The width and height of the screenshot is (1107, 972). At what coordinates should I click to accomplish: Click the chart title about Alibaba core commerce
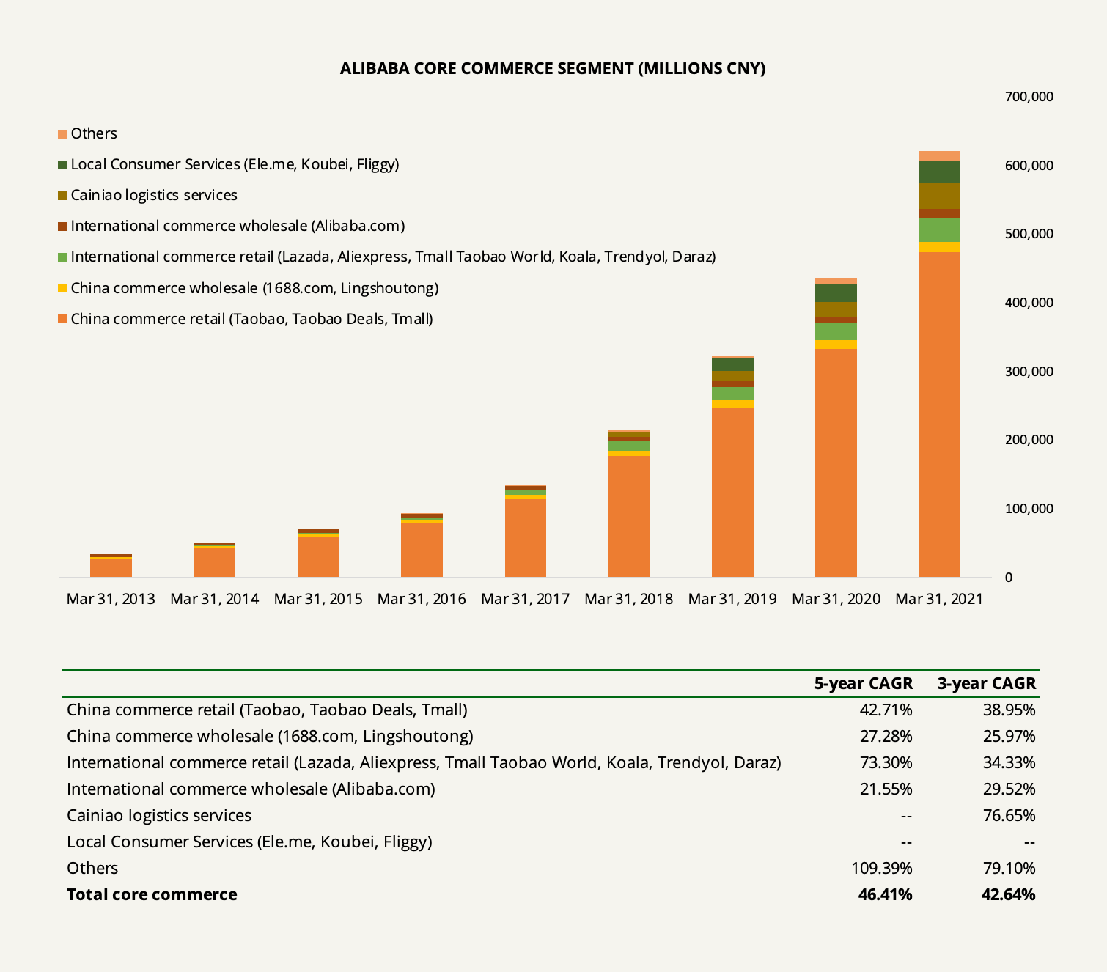553,68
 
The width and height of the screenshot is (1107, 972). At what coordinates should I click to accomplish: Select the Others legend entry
87,133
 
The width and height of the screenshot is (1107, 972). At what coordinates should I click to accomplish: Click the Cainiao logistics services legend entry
147,195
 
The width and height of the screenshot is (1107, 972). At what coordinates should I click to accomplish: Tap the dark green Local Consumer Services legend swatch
62,164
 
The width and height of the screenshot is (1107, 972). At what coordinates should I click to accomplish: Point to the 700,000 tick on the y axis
1029,97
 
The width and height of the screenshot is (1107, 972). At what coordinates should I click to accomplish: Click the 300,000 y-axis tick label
1029,372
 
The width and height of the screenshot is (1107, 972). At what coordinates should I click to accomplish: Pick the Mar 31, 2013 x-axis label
111,599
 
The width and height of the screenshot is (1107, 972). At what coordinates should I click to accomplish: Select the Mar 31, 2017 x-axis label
525,599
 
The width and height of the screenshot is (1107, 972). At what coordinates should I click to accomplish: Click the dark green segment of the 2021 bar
939,172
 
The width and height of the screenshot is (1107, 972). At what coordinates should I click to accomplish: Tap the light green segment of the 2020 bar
836,331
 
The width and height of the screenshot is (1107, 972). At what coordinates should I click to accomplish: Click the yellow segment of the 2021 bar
939,247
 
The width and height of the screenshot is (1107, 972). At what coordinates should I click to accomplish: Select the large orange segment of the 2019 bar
732,493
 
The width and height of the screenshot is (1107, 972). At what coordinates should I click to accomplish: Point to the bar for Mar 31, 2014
215,560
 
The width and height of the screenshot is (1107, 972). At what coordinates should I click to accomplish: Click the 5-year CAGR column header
864,683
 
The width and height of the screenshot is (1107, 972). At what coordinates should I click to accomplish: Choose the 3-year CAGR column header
986,683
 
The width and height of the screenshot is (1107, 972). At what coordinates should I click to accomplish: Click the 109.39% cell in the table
882,868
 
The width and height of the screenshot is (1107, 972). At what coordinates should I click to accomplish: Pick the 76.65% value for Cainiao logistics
1009,815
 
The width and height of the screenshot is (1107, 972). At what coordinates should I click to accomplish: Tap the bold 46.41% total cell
885,894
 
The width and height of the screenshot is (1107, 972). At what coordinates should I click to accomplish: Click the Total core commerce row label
152,894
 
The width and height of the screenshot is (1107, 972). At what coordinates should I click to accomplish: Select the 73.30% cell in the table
886,762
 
